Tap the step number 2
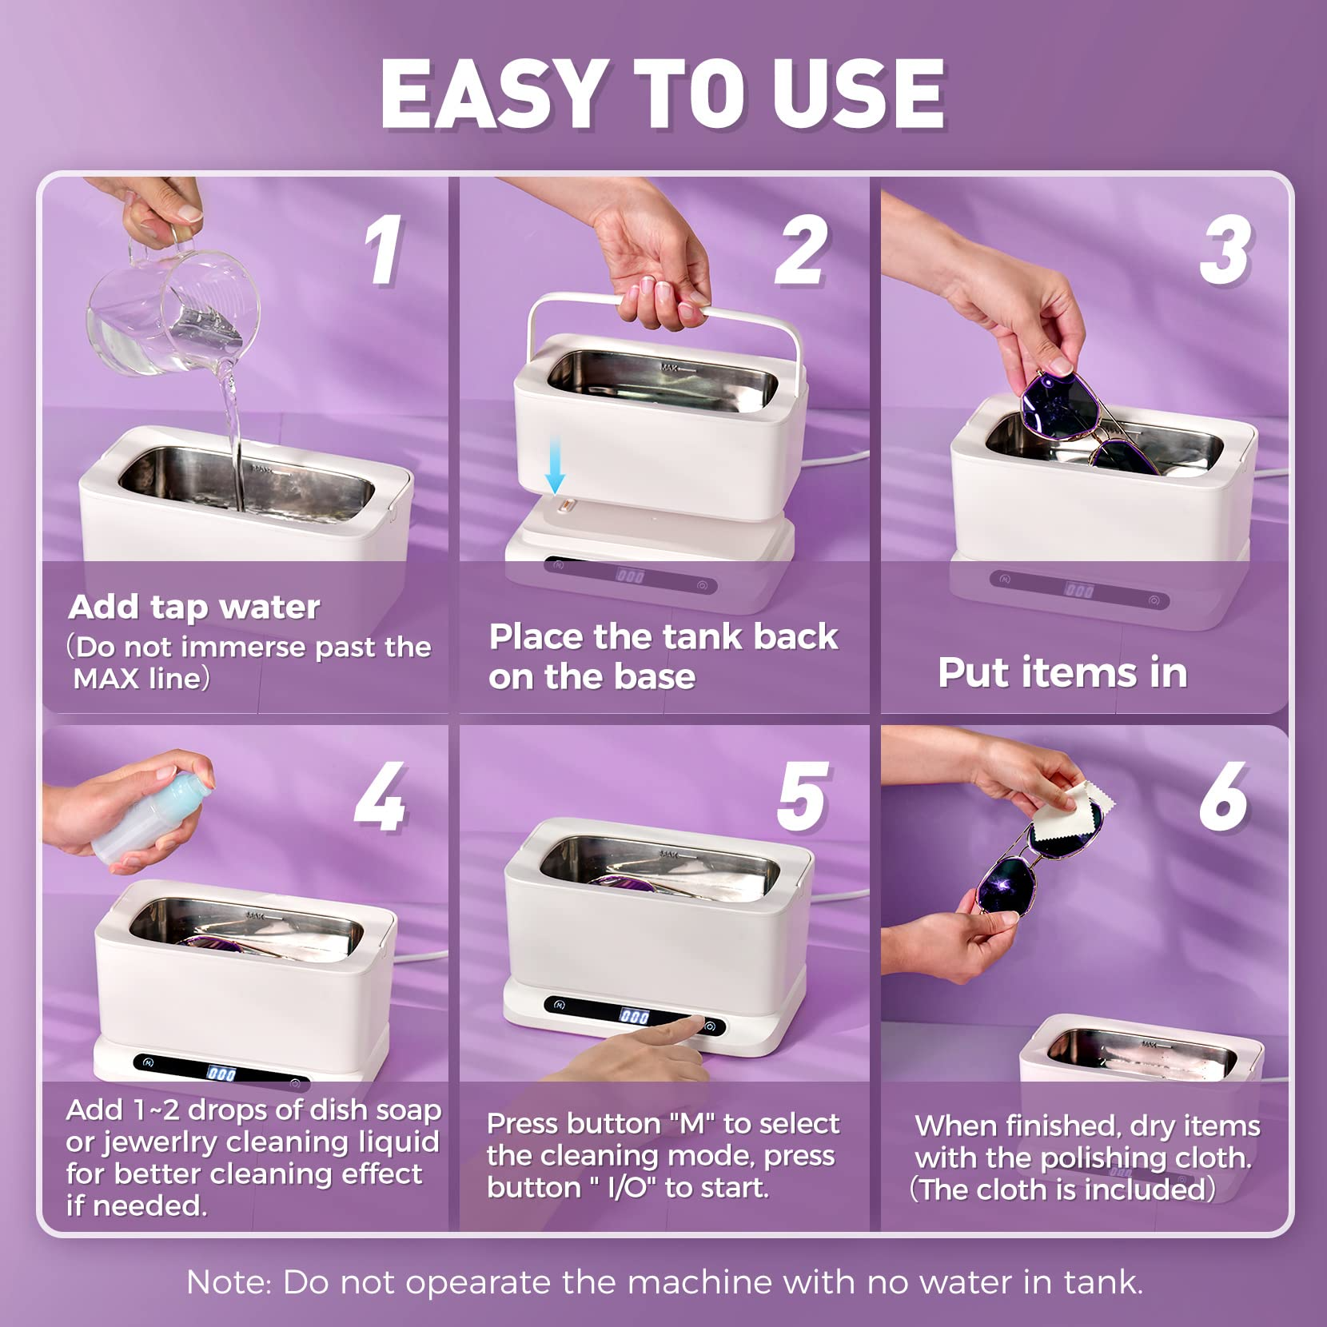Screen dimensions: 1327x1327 801,251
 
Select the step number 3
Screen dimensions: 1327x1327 1225,251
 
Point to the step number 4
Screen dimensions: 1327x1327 381,797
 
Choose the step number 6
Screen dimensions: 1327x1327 1224,797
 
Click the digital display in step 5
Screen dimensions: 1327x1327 634,1017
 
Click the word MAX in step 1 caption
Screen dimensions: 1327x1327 106,679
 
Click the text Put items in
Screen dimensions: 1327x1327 1062,672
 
